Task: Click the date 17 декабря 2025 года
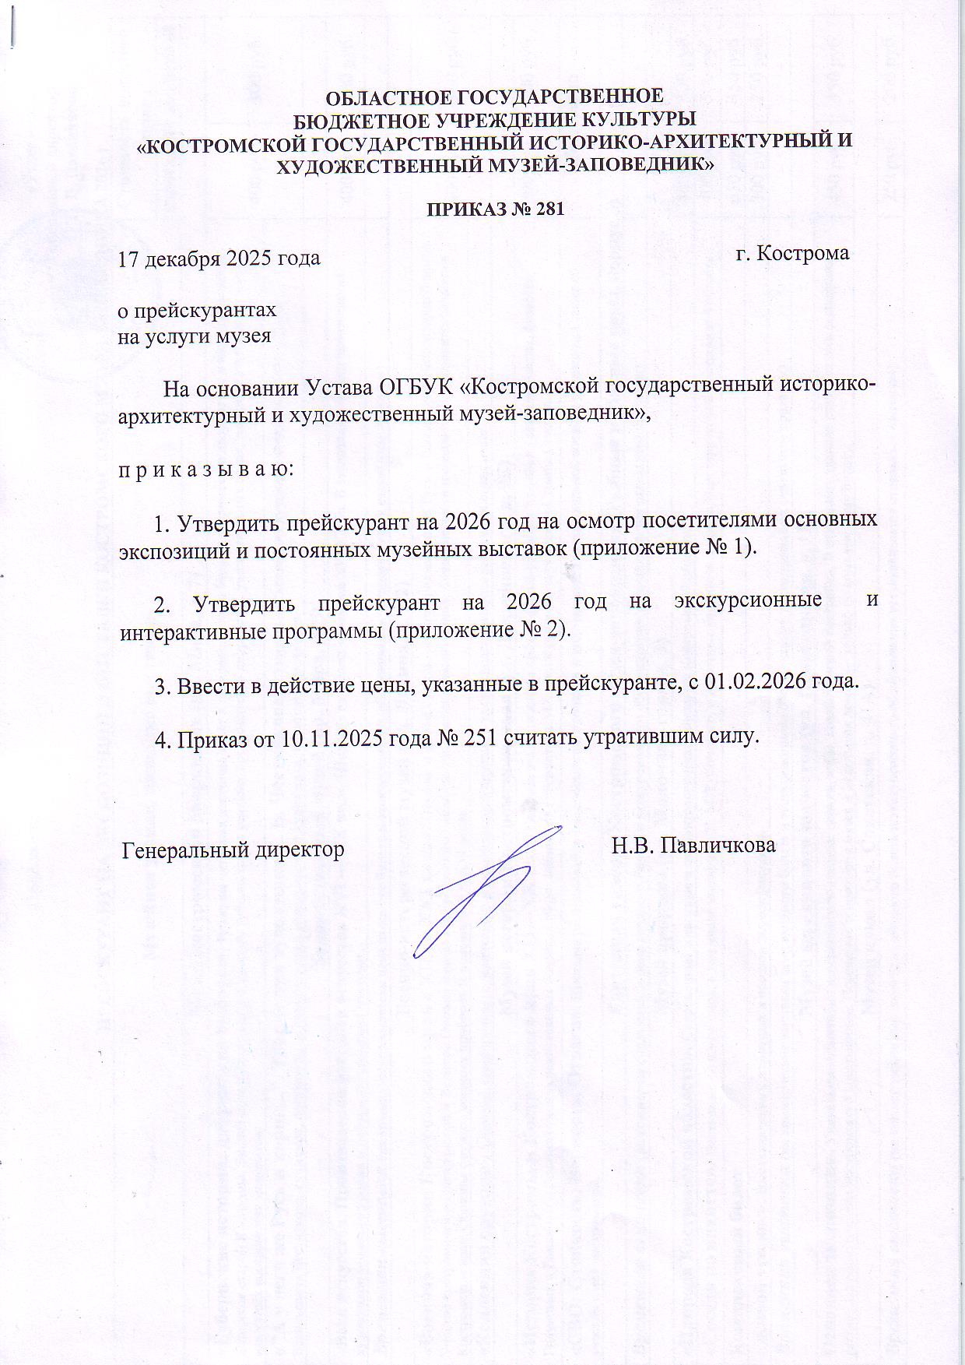(219, 258)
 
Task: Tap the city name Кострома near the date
(804, 254)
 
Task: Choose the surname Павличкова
(718, 846)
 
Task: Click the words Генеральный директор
(233, 850)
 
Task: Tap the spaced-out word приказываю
(205, 471)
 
